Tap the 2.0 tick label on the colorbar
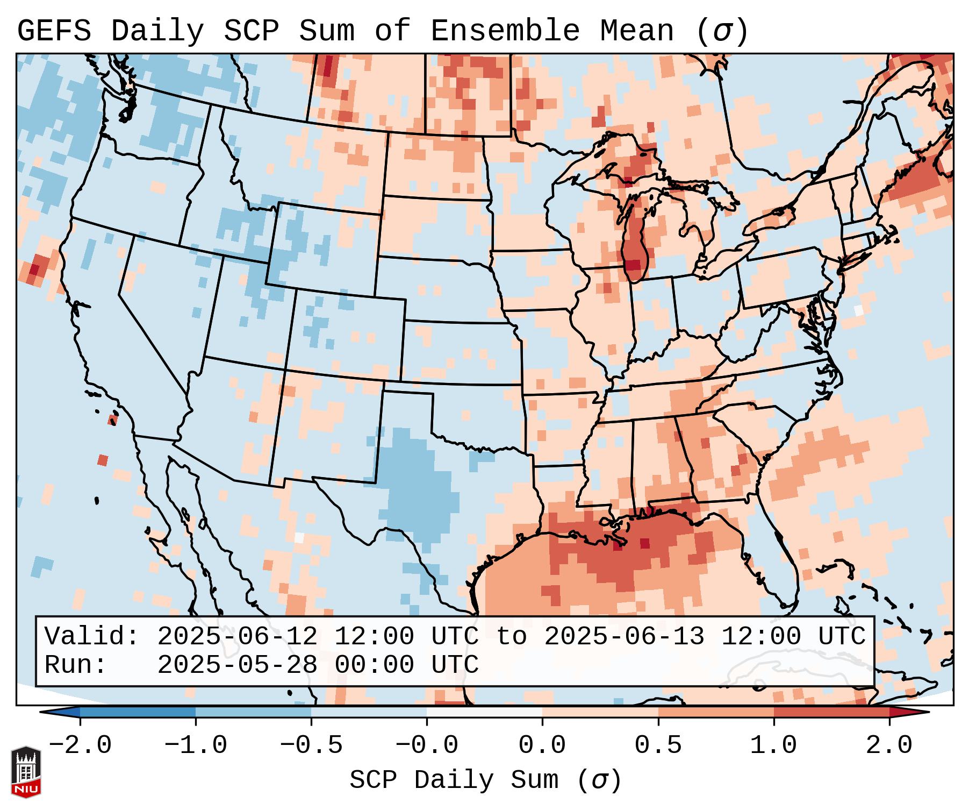click(889, 745)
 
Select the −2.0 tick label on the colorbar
click(80, 745)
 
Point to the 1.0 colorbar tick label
click(773, 745)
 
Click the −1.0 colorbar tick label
click(196, 745)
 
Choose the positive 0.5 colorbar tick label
click(658, 745)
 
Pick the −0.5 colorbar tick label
click(311, 745)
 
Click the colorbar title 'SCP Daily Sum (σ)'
click(485, 780)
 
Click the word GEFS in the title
click(54, 31)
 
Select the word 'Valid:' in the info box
click(91, 636)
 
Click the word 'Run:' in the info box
click(75, 665)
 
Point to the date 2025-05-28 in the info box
click(237, 665)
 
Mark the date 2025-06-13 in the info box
click(624, 636)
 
